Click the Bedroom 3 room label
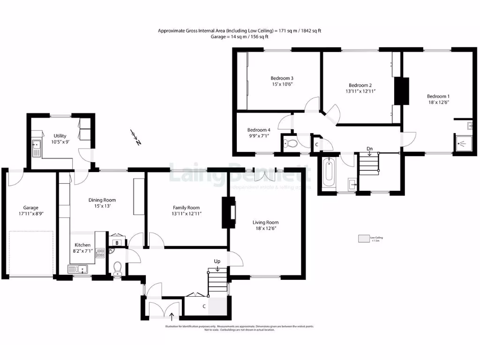[282, 78]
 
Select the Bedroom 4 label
[259, 130]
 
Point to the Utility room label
[60, 136]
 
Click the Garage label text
[31, 208]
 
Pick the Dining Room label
[102, 200]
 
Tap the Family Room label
[186, 208]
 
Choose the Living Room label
[265, 222]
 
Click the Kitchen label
[82, 245]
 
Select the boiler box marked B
[117, 243]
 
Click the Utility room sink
[36, 149]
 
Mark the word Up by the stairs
[217, 261]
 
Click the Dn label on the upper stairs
[369, 149]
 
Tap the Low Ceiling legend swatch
[363, 239]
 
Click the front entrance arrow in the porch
[171, 316]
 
